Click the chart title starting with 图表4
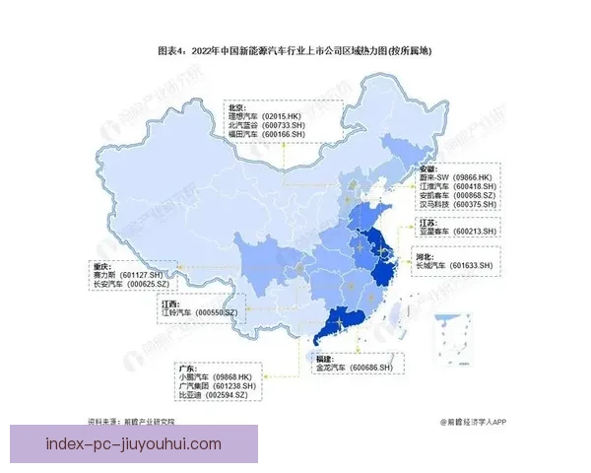[295, 50]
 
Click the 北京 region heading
[236, 106]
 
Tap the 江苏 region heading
[428, 222]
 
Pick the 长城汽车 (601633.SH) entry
[456, 265]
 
